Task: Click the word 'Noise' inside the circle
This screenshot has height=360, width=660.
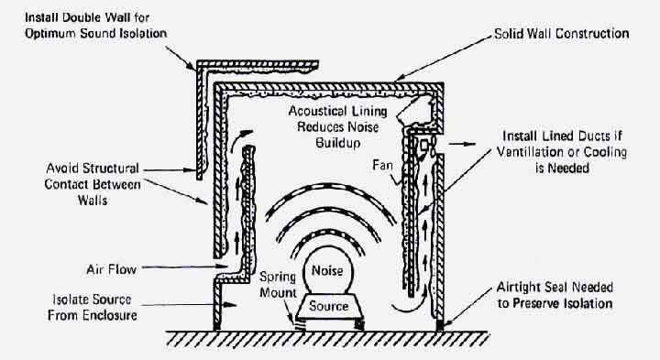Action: [x=327, y=270]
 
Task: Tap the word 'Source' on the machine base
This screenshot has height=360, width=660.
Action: [x=329, y=306]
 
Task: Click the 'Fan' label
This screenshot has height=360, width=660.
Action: [x=382, y=165]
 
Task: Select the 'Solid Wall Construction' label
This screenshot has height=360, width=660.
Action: [x=562, y=34]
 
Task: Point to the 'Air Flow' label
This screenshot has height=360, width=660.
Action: [x=112, y=269]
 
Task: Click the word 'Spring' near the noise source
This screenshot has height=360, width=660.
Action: [x=278, y=278]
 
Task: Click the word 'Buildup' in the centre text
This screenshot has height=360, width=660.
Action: [x=338, y=143]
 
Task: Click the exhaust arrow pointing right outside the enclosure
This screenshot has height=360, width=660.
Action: [x=462, y=144]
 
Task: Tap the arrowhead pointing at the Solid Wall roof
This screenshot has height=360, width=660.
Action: [x=400, y=77]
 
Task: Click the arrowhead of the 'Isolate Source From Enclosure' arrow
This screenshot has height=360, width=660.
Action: [x=232, y=304]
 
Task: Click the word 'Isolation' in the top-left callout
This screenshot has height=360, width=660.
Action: [x=144, y=34]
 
